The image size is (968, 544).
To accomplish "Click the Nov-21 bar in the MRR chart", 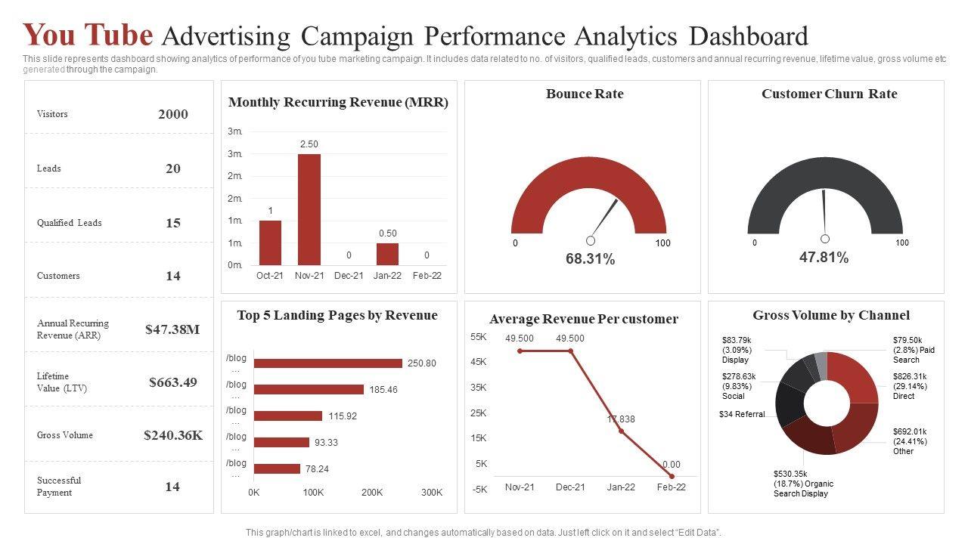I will tap(309, 209).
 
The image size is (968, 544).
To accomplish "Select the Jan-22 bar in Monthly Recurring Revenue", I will tap(387, 254).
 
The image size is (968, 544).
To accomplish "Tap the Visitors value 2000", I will tap(173, 115).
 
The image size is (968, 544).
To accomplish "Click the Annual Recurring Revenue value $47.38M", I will tap(172, 329).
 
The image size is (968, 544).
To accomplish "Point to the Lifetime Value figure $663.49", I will tap(173, 382).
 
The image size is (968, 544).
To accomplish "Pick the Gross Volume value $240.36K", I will tap(173, 435).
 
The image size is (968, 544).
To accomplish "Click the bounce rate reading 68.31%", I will tap(590, 259).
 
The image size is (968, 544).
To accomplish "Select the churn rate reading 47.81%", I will tap(824, 258).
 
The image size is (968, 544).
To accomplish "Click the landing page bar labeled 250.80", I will tap(327, 363).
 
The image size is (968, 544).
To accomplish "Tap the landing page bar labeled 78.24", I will tap(277, 468).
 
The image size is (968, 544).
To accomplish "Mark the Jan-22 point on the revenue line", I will tap(621, 431).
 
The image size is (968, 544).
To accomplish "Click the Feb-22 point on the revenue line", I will tap(672, 476).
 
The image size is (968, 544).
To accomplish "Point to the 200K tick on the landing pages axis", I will tap(372, 493).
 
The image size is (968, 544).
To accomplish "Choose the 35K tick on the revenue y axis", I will tap(479, 388).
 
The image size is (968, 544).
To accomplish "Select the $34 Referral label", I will tap(742, 414).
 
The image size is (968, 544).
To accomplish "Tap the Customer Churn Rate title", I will tap(829, 94).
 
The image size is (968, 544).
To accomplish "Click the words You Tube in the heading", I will tap(88, 36).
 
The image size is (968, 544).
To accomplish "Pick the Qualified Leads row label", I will tap(69, 223).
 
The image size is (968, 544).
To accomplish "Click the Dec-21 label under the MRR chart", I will tap(349, 276).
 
